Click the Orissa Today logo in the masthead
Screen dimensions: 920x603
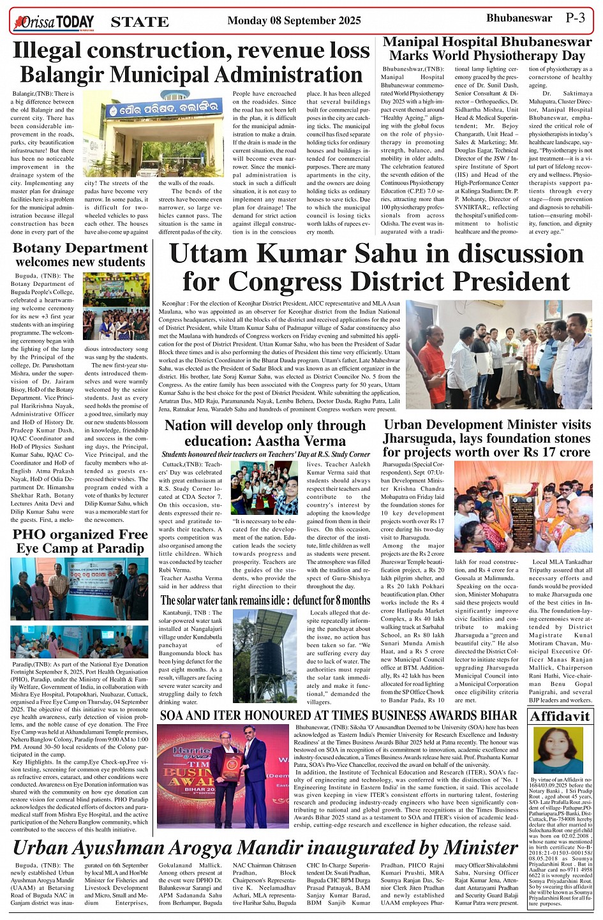coord(54,22)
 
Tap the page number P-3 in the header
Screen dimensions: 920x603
coord(575,18)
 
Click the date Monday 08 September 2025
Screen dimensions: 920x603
coord(294,21)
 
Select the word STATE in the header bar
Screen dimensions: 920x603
coord(140,22)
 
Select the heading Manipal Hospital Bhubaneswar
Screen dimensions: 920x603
coord(487,42)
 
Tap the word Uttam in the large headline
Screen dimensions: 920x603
coord(214,254)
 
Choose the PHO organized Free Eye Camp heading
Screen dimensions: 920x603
coord(80,541)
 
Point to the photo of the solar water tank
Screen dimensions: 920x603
coord(264,656)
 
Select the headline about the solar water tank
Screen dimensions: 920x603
coord(265,600)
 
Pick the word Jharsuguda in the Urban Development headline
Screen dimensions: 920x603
coord(422,438)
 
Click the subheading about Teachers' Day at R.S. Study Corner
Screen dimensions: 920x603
coord(265,454)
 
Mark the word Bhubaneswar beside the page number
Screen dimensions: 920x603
coord(519,18)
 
